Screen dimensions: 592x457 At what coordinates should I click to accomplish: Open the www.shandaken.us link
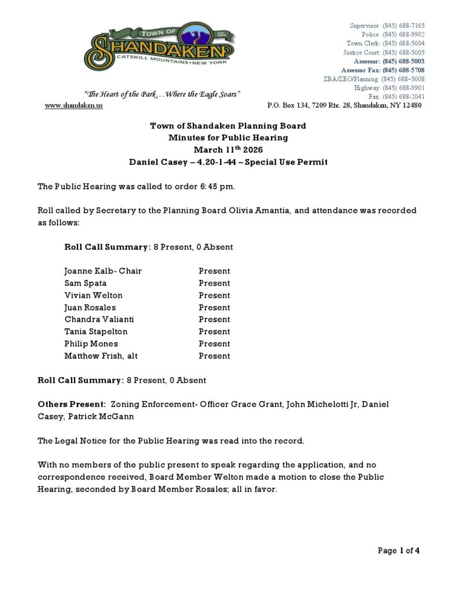click(73, 106)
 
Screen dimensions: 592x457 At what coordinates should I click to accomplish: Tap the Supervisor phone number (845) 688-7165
click(403, 25)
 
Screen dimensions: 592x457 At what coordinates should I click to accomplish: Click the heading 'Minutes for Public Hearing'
click(228, 138)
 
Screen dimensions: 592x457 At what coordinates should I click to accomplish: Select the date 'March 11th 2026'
click(228, 150)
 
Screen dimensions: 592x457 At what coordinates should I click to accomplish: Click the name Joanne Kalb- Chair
click(103, 271)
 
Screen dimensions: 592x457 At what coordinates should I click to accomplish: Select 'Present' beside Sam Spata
click(214, 283)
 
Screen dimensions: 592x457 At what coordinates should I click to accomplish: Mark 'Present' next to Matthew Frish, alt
click(214, 356)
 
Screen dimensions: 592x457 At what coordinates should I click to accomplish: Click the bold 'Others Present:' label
click(72, 404)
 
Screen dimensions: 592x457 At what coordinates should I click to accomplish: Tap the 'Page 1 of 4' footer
click(399, 550)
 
